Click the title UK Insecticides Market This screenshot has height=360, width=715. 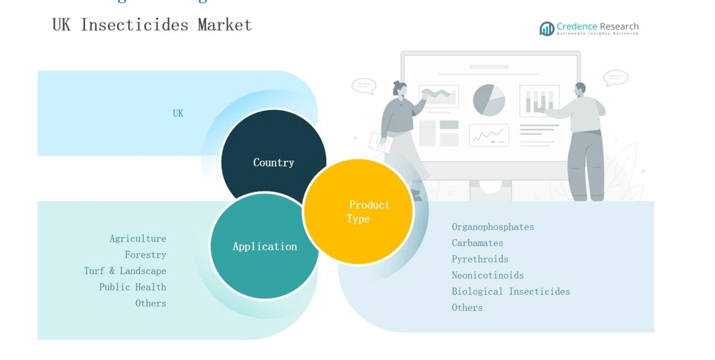pos(152,25)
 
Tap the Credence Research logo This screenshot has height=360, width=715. pos(588,28)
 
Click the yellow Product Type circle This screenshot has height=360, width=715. pos(359,212)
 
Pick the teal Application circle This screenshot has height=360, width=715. pos(264,247)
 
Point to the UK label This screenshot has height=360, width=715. pos(178,113)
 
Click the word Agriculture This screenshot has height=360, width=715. pos(138,238)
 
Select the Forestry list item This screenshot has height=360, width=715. pos(145,255)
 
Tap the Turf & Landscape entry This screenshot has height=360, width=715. pos(125,271)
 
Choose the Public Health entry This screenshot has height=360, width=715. pos(133,287)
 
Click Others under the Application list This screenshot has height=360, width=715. pos(150,303)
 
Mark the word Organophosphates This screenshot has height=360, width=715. pos(493,227)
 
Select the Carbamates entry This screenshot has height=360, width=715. pos(477,243)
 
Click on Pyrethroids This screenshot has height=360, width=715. pos(480,259)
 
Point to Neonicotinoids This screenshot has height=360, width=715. pos(487,275)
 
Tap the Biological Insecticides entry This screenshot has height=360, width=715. pos(510,291)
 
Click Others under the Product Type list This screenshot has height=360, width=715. pos(467,308)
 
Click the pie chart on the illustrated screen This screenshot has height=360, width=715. pos(489,100)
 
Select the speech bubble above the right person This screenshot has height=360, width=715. pos(616,78)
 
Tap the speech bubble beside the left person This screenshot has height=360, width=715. pos(364,85)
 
